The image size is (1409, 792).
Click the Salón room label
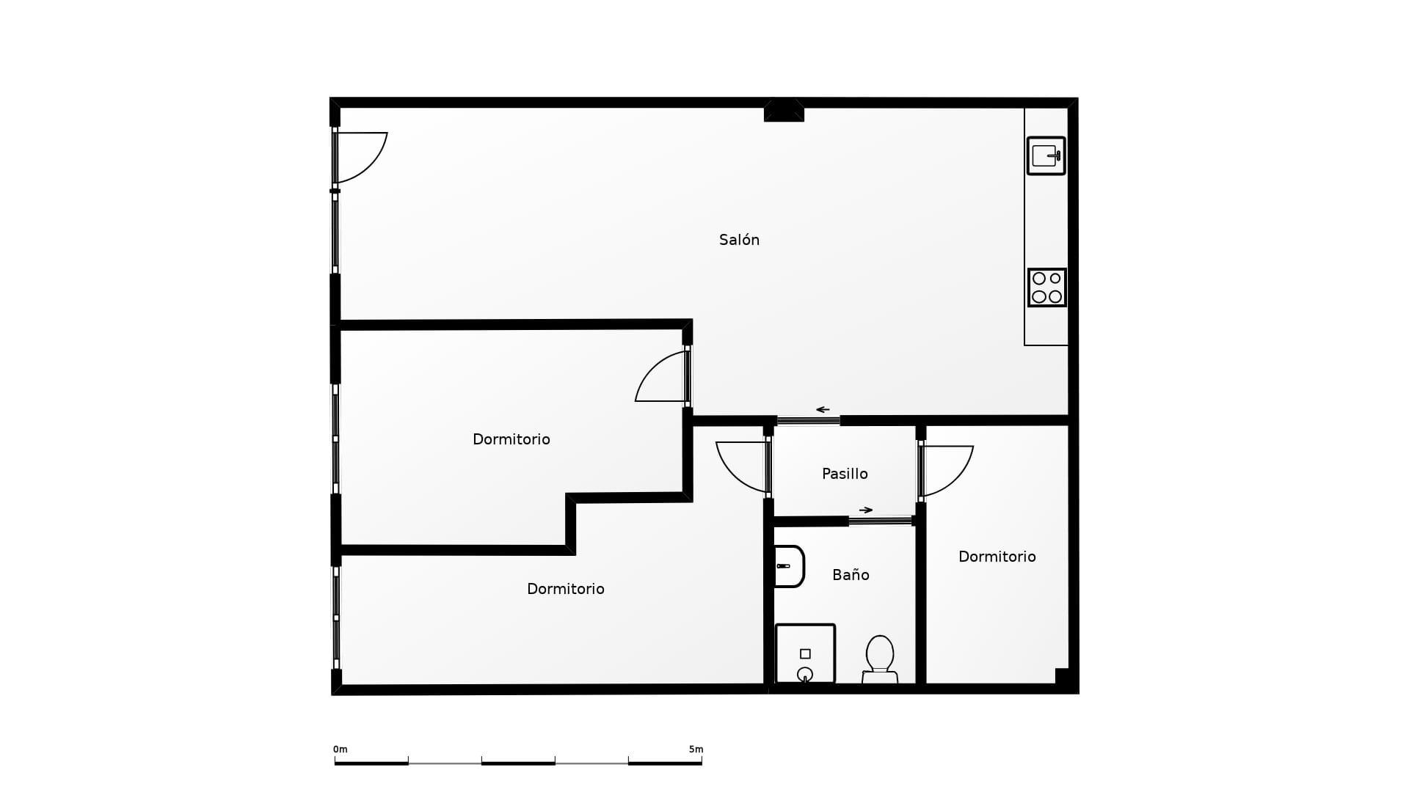point(739,240)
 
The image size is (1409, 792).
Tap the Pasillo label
point(845,474)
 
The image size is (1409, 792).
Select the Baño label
point(851,575)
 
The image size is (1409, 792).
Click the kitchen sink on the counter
point(1046,155)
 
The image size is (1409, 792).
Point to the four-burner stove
point(1046,287)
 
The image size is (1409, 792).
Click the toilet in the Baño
point(880,659)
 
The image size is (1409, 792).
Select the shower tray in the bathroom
point(805,653)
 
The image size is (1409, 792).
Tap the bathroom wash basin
point(790,566)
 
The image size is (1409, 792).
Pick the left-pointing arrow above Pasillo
point(823,410)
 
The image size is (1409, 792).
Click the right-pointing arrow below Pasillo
point(866,510)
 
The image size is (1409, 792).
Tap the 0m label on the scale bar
point(340,749)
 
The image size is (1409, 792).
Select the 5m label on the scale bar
point(696,749)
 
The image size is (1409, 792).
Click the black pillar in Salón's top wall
point(784,111)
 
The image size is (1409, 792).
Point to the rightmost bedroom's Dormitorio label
point(997,557)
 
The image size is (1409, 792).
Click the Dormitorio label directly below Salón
point(511,439)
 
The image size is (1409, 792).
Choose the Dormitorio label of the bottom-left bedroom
point(565,589)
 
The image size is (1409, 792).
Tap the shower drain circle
point(805,674)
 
